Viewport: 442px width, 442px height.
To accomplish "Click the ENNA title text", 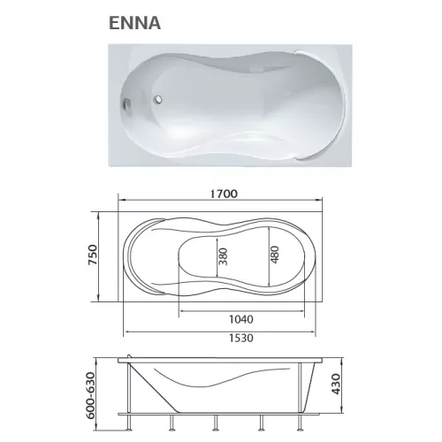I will click(x=134, y=23).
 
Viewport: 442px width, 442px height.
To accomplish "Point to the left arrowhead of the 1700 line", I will click(x=121, y=203).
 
